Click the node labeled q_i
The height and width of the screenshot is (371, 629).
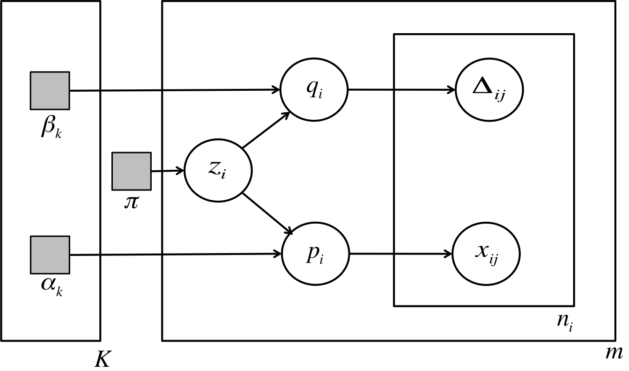pos(314,89)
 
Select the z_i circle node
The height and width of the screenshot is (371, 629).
pos(218,170)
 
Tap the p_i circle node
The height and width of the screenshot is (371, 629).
pos(315,254)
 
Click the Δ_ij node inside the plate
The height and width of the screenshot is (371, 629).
pos(489,89)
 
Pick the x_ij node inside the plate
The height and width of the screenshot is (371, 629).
pos(486,254)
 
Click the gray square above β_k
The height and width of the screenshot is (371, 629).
pos(50,90)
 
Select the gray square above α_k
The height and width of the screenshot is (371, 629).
pos(50,255)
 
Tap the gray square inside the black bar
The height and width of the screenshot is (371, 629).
pos(131,171)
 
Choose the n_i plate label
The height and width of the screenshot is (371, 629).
pos(564,321)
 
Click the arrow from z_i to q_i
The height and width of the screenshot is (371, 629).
pos(266,130)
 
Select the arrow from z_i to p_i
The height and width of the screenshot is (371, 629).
pos(267,213)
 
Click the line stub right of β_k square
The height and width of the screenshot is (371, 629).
pos(84,90)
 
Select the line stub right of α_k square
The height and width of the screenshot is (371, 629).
pos(84,255)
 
